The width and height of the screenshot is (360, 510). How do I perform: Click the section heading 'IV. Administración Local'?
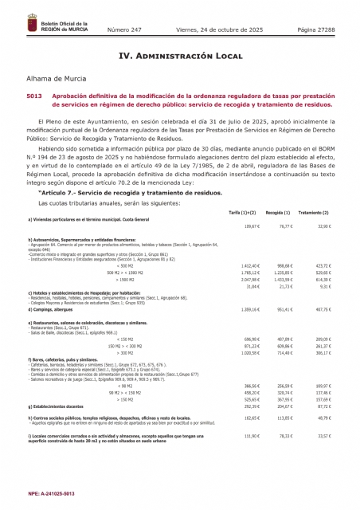179,57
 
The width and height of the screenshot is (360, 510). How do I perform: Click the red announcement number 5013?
34,96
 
